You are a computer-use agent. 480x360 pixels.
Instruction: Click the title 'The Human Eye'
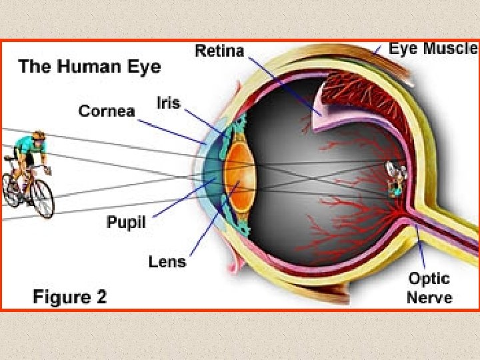[89, 67]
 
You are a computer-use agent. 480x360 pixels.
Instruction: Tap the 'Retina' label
[219, 51]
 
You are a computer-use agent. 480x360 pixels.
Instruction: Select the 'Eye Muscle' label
[433, 48]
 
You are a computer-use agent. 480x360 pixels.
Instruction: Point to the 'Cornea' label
[107, 111]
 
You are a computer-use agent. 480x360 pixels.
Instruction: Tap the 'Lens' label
[167, 261]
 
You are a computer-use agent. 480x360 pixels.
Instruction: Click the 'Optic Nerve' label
[429, 287]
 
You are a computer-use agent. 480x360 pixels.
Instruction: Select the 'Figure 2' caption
[69, 296]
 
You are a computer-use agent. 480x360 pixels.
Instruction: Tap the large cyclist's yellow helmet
[39, 135]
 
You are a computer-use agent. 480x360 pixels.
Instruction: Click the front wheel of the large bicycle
[42, 199]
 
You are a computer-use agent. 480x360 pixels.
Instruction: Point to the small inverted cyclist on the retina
[395, 179]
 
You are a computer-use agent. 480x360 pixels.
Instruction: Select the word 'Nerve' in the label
[429, 297]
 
